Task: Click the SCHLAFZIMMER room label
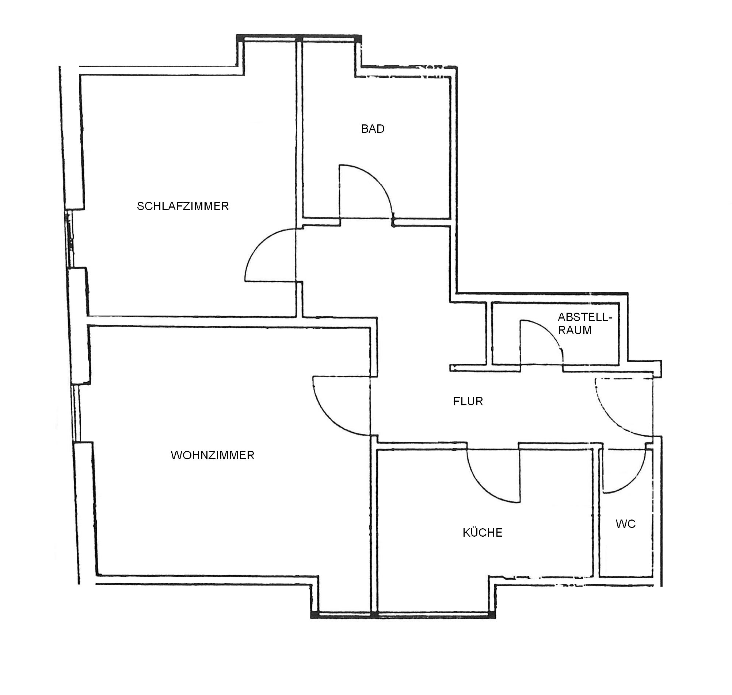pyautogui.click(x=183, y=206)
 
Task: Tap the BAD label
pyautogui.click(x=373, y=129)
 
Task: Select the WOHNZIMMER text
pyautogui.click(x=213, y=455)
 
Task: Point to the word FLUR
pyautogui.click(x=468, y=402)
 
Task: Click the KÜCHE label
pyautogui.click(x=483, y=532)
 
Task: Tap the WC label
pyautogui.click(x=626, y=524)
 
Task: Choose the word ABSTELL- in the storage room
pyautogui.click(x=585, y=317)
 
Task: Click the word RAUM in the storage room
pyautogui.click(x=575, y=330)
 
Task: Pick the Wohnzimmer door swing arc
pyautogui.click(x=328, y=418)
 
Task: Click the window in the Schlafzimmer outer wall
pyautogui.click(x=69, y=239)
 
